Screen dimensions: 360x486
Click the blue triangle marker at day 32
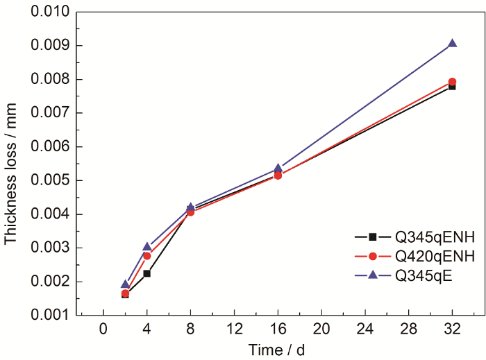pos(453,43)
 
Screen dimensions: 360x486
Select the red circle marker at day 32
pos(453,82)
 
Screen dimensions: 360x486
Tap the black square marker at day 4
pos(147,273)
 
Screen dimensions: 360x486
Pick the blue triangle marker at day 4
pos(147,246)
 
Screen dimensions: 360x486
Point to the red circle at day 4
pos(147,256)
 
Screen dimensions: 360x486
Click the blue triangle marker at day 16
pos(278,168)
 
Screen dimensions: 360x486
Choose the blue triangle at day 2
pos(125,284)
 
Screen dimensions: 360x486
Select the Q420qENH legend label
pos(435,257)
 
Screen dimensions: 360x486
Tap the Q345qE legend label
pos(424,275)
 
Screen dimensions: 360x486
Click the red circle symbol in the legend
pos(371,257)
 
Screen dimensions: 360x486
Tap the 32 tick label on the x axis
pos(453,328)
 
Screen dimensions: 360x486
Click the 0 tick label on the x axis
pos(103,328)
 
